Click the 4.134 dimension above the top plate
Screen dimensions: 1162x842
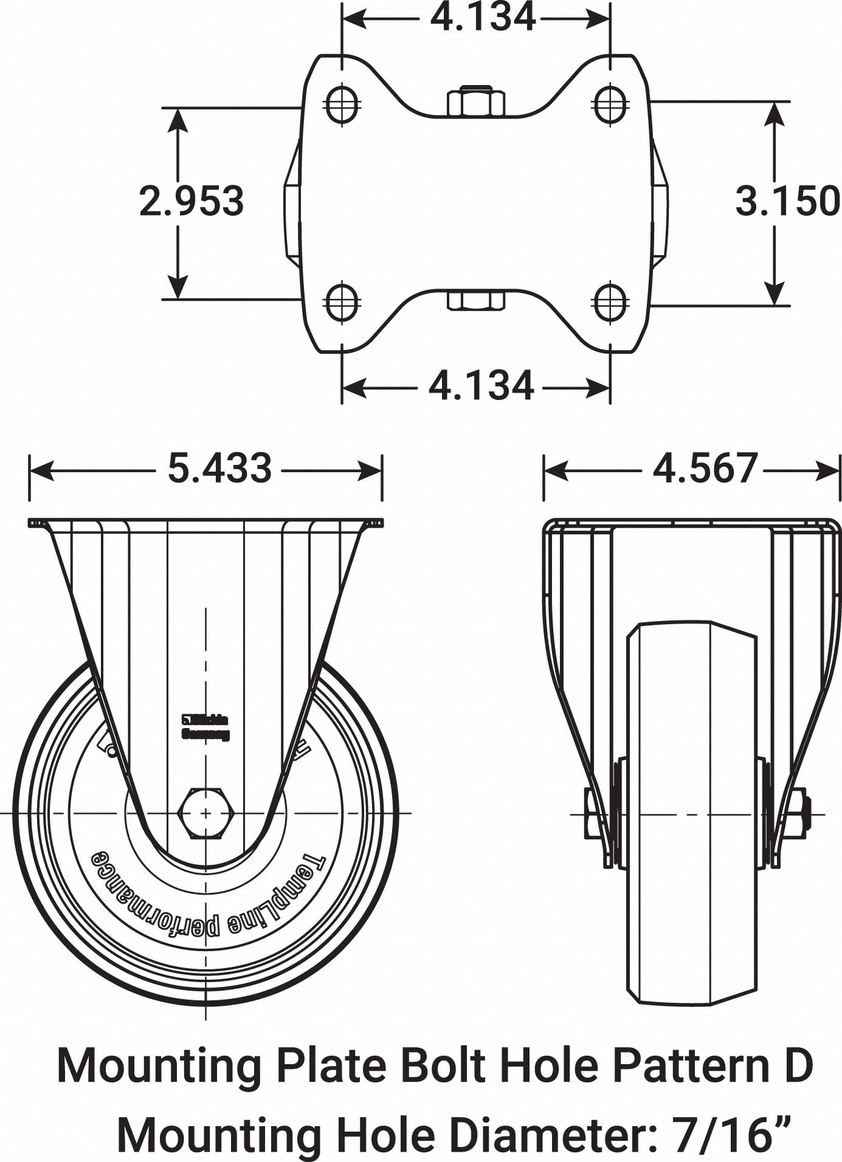(x=483, y=17)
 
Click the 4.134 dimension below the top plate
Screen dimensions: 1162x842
(x=481, y=385)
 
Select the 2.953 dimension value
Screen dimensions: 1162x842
(x=192, y=201)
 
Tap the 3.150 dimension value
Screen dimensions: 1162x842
(x=788, y=201)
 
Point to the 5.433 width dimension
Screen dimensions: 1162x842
(x=219, y=469)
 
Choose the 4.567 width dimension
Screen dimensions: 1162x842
(x=705, y=469)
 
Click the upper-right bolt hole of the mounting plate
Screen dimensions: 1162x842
(x=610, y=104)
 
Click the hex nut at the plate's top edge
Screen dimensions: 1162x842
(x=475, y=101)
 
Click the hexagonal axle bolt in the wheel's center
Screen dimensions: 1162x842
(x=205, y=813)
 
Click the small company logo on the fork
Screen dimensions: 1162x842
(x=206, y=727)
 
